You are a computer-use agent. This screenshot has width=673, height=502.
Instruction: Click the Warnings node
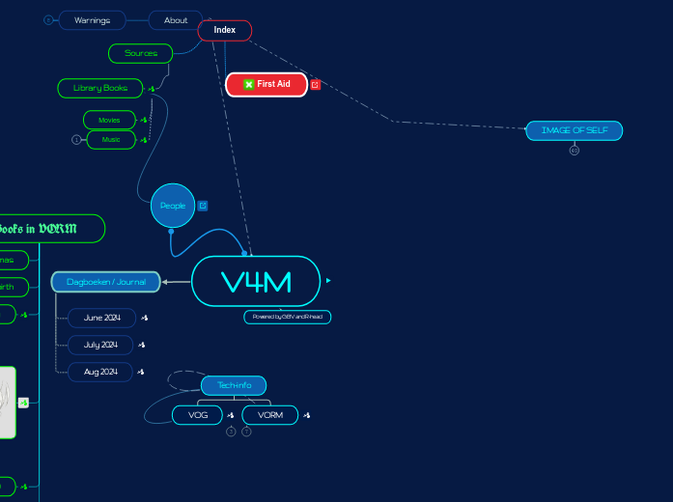coord(92,20)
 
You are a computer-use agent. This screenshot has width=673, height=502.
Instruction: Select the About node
coord(176,20)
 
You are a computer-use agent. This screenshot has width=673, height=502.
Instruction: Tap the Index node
coord(225,30)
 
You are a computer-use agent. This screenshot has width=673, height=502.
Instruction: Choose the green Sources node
coord(141,53)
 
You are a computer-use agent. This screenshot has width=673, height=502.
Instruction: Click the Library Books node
coord(100,88)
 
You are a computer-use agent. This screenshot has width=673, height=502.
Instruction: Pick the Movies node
coord(109,120)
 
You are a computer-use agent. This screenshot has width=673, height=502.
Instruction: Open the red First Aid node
coord(266,84)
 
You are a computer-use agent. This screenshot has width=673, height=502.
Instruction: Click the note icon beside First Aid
coord(316,85)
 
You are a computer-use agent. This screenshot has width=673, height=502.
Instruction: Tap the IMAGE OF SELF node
coord(574,130)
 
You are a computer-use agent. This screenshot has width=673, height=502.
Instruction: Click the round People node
coord(173,206)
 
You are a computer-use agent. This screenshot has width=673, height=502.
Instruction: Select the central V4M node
coord(256,282)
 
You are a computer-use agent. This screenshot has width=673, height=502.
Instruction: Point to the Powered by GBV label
coord(287,317)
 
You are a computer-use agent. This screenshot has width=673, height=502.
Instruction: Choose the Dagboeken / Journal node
coord(106,282)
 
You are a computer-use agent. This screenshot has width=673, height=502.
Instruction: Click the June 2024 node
coord(101,318)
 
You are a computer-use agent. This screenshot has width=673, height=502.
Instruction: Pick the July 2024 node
coord(100,345)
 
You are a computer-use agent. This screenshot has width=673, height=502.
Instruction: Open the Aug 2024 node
coord(100,372)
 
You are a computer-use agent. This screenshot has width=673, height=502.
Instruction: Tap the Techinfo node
coord(234,386)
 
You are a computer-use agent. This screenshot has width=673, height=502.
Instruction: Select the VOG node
coord(198,415)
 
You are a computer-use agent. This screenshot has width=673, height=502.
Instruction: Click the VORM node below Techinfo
coord(270,415)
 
